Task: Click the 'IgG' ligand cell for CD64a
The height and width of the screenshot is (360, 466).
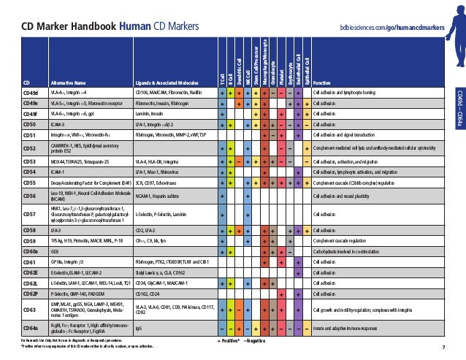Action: click(140, 329)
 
